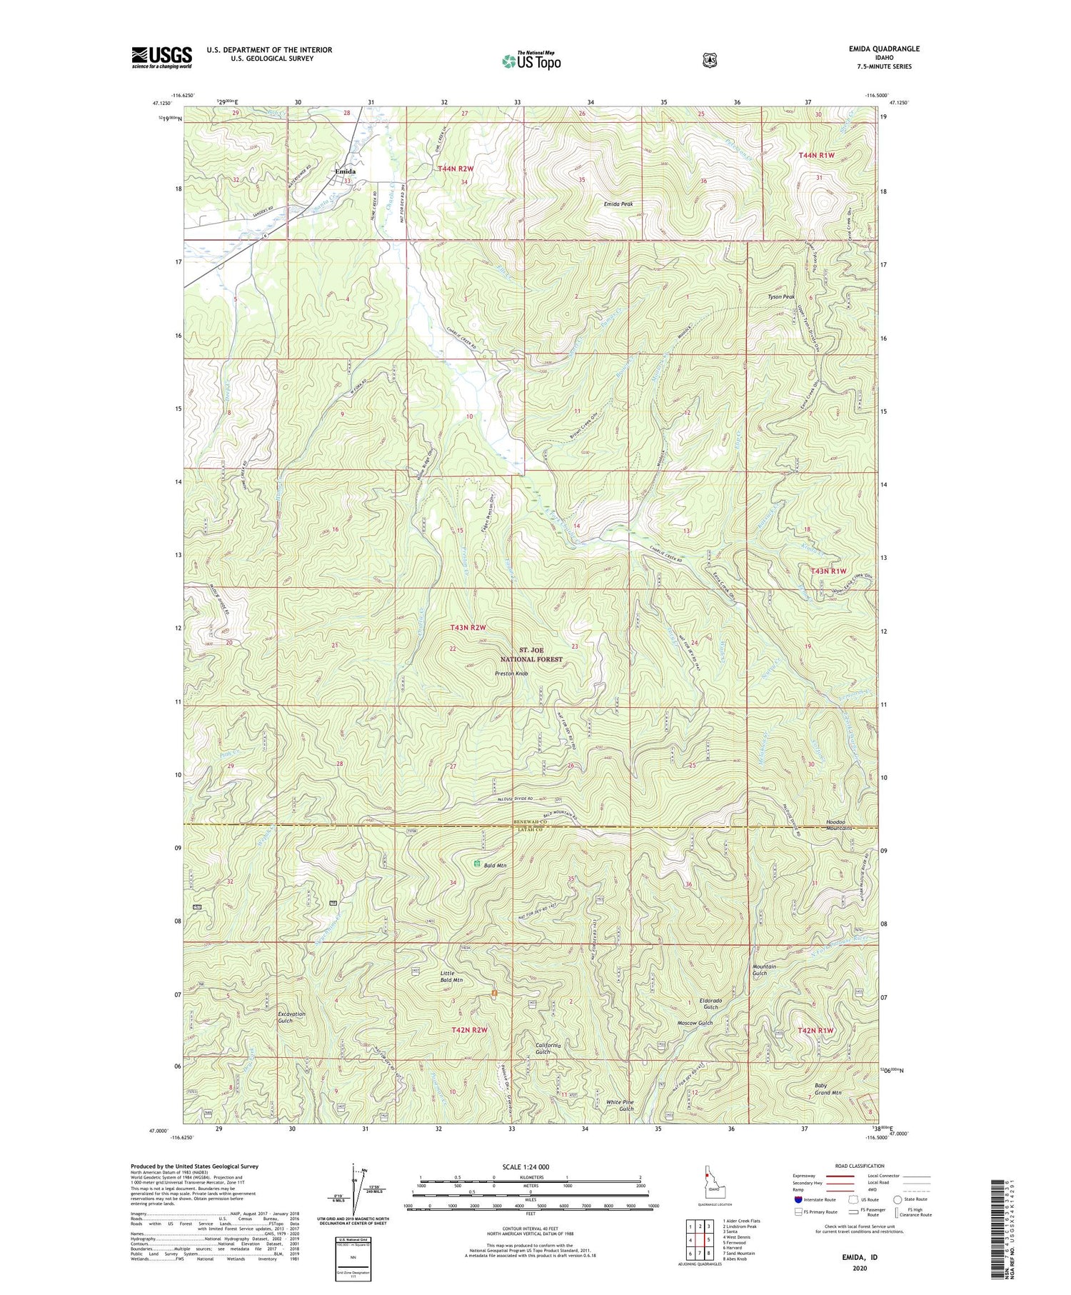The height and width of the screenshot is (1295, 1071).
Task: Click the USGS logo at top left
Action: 161,57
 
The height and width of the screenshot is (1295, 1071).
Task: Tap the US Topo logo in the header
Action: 532,61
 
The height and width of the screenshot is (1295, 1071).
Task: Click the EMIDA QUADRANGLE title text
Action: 879,49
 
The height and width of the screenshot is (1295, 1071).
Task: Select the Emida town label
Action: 346,171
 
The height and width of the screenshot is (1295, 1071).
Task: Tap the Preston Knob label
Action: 511,673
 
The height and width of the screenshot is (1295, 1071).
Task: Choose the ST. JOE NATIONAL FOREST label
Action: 540,654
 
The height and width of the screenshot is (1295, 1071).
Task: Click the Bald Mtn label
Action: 495,865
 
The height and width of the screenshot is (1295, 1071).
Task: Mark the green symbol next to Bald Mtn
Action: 476,864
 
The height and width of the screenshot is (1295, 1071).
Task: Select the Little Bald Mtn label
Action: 451,976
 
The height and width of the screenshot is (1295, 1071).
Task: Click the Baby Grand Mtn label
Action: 828,1089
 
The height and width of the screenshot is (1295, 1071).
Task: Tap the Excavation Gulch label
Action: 291,1017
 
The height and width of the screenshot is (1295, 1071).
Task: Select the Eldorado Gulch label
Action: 710,1004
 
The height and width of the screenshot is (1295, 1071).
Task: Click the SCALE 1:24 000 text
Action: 530,1166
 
